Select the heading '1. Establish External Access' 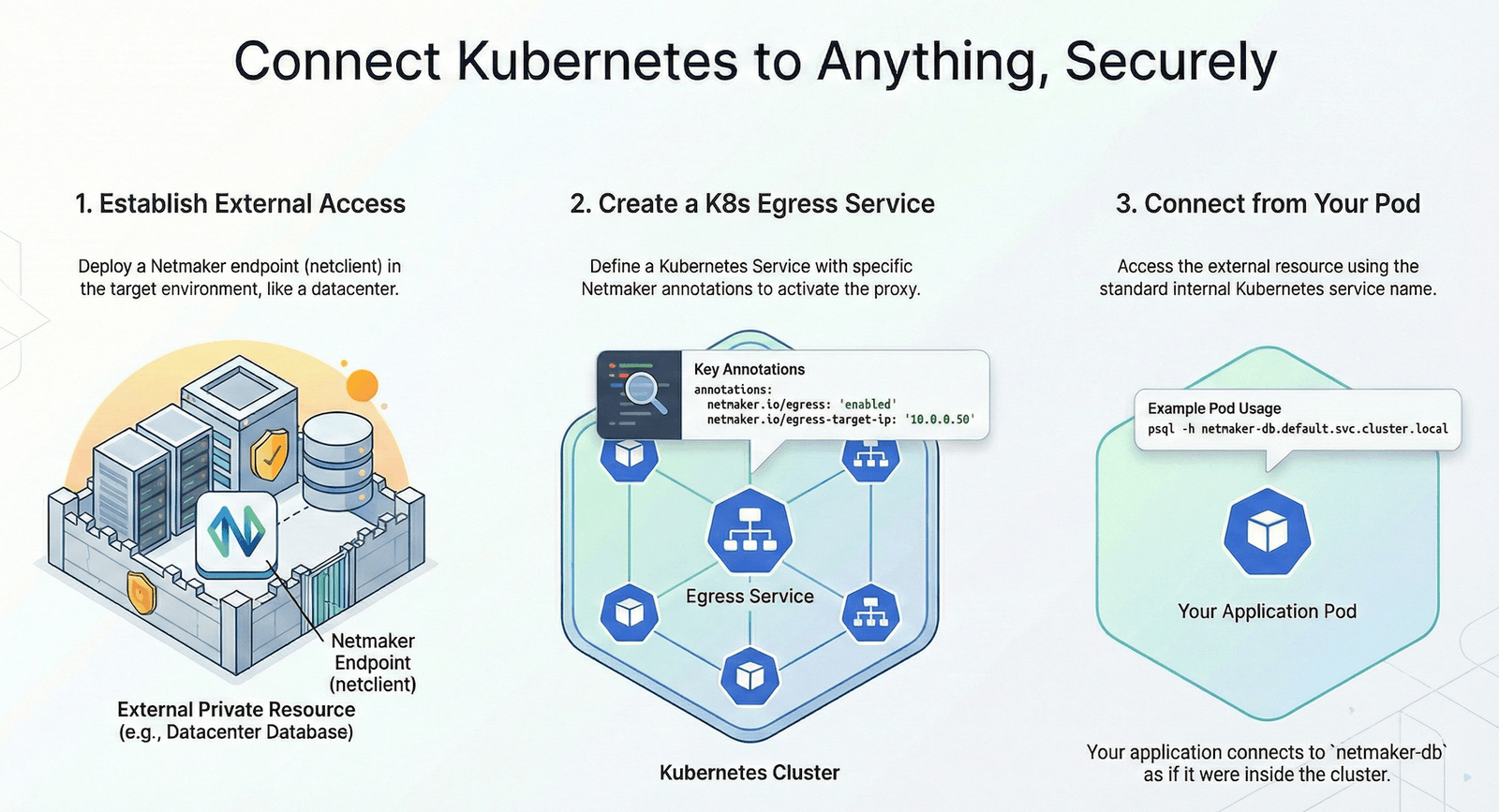coord(240,203)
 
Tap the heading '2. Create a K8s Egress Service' coord(752,203)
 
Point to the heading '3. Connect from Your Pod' coord(1268,203)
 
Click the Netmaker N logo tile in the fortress coord(236,533)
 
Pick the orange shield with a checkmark coord(271,455)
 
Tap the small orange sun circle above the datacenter coord(362,385)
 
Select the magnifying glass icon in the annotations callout coord(646,392)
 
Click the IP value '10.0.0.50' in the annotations coord(940,420)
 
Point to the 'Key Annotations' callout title coord(749,369)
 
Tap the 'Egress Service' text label coord(749,597)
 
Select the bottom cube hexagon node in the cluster coord(749,675)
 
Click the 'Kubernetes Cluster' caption coord(749,773)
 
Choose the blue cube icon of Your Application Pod coord(1267,532)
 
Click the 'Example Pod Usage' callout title coord(1214,408)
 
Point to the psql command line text coord(1298,429)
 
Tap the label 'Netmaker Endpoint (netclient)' coord(373,662)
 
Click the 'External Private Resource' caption coord(236,710)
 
